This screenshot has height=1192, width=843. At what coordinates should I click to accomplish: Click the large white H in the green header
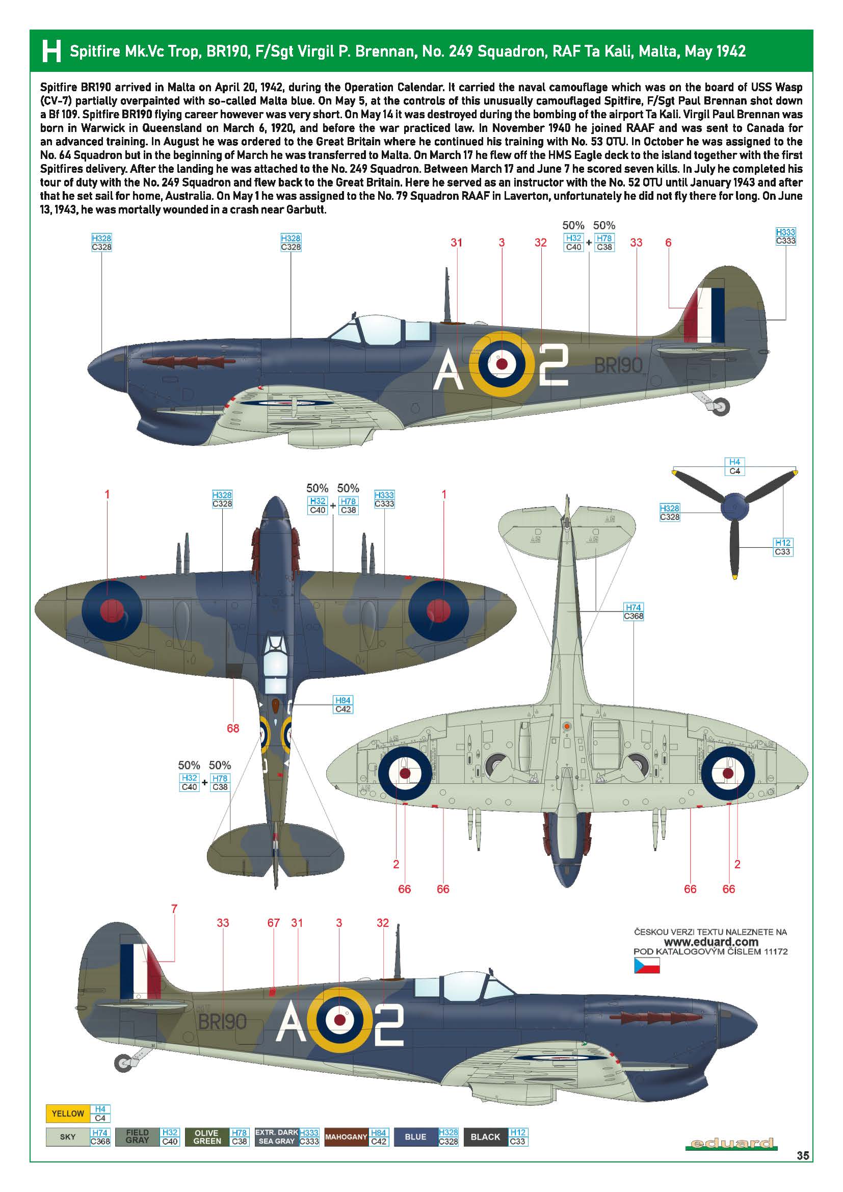(51, 51)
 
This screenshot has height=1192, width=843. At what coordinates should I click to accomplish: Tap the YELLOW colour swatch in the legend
(67, 1114)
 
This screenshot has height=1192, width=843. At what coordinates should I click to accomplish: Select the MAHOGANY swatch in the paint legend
(346, 1137)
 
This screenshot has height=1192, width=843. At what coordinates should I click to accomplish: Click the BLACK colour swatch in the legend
(485, 1137)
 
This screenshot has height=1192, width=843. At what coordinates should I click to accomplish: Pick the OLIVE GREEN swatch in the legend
(206, 1137)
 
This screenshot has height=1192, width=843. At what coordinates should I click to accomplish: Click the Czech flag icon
(646, 966)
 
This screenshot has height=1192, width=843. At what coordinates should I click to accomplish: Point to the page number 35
(803, 1171)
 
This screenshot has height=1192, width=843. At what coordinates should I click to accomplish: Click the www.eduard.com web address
(710, 942)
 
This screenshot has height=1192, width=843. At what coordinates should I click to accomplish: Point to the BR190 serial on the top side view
(618, 365)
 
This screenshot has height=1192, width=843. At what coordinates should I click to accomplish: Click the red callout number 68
(232, 728)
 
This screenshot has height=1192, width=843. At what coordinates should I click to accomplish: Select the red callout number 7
(174, 909)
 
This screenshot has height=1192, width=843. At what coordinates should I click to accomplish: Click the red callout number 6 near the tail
(668, 243)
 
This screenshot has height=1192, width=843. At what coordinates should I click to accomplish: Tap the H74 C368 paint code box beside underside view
(634, 612)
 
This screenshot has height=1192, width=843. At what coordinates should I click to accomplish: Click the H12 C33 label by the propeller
(782, 547)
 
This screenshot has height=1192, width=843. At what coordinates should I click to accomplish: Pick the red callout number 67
(274, 922)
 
